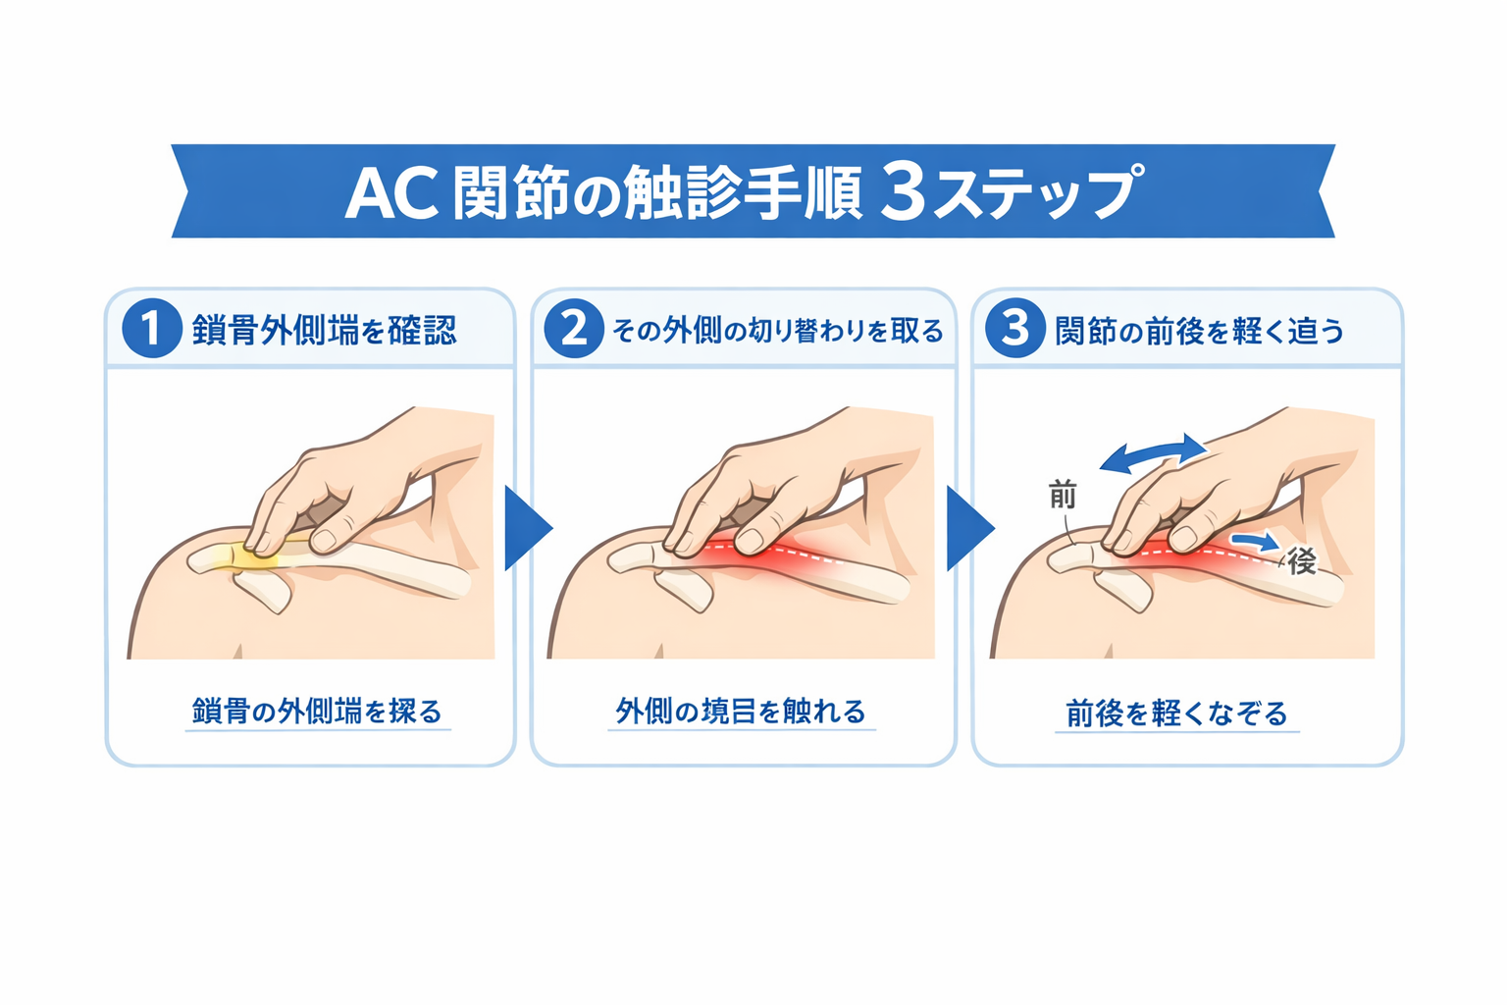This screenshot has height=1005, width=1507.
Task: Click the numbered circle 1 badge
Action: tap(151, 328)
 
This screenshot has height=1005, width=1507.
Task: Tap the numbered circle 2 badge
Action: tap(574, 328)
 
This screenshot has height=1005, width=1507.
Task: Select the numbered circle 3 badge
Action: tap(1014, 328)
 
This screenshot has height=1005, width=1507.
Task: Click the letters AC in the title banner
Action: tap(390, 192)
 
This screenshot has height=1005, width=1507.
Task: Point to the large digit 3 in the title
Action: tap(903, 191)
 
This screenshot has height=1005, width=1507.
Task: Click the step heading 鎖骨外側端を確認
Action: tap(325, 330)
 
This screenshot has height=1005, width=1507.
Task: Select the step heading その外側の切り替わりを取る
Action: tap(777, 331)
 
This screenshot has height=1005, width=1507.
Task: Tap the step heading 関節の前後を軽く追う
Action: tap(1199, 331)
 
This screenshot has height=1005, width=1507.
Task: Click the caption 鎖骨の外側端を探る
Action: tap(317, 711)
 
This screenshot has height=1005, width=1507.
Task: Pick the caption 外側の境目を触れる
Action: tap(741, 711)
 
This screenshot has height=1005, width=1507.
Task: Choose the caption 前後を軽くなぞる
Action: tap(1176, 713)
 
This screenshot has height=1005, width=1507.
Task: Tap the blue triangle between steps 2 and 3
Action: tap(968, 528)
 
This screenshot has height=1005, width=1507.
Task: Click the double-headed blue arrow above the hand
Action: tap(1153, 454)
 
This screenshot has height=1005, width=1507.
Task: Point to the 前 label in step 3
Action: tap(1063, 495)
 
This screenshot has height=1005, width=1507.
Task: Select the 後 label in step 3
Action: tap(1302, 561)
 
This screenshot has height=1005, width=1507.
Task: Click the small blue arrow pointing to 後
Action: tap(1256, 541)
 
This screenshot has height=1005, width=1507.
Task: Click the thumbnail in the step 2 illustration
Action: tap(753, 538)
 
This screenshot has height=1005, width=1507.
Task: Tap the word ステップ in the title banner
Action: tap(1036, 192)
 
